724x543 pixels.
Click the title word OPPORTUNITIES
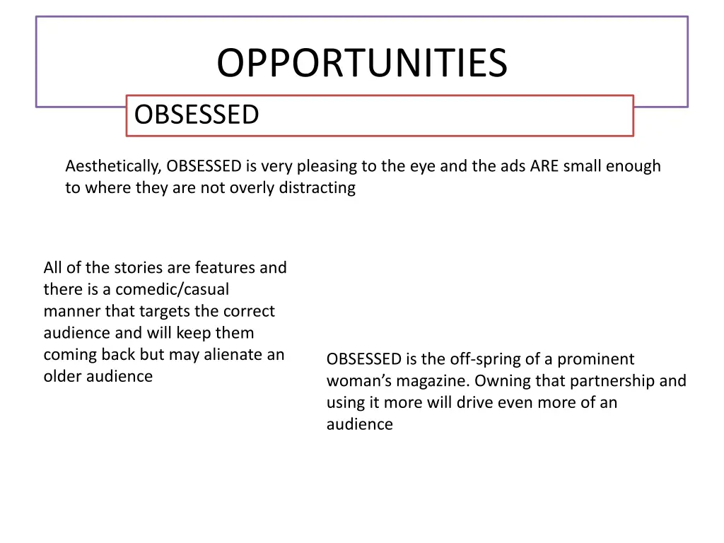tap(361, 64)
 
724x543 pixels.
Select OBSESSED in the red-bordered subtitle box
tap(197, 115)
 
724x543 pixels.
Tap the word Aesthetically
tap(113, 167)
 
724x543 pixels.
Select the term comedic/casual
tap(173, 290)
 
